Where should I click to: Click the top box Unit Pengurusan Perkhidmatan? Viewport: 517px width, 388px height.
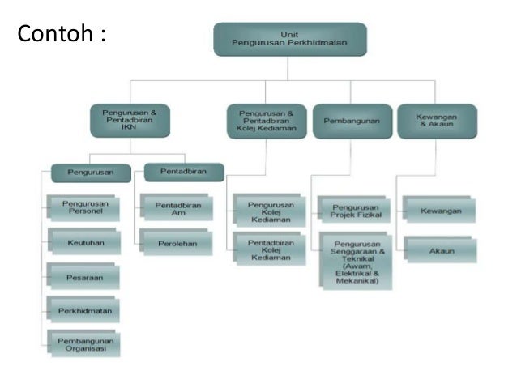[x=290, y=39]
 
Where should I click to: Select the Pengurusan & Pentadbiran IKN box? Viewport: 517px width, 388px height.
[x=130, y=120]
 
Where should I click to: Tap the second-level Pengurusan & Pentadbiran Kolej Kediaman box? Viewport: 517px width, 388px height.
[x=267, y=121]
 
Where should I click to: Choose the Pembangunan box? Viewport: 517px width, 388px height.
[x=352, y=121]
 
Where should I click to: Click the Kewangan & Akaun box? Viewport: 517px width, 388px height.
[x=436, y=121]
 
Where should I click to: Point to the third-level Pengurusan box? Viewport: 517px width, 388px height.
[x=91, y=172]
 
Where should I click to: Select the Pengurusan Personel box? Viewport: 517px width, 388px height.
[x=84, y=208]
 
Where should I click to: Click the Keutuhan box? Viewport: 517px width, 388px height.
[x=84, y=241]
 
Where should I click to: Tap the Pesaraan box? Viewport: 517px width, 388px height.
[x=84, y=276]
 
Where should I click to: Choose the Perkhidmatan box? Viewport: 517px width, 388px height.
[x=84, y=310]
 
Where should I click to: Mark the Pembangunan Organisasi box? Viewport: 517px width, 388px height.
[x=84, y=343]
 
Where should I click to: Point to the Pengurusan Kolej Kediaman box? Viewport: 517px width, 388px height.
[x=270, y=211]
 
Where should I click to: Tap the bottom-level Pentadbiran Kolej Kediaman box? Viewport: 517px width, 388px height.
[x=270, y=249]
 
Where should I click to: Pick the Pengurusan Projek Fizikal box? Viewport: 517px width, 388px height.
[x=355, y=210]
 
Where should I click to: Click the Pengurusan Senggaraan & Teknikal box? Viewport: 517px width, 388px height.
[x=355, y=262]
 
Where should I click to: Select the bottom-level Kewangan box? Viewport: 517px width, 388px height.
[x=440, y=211]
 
